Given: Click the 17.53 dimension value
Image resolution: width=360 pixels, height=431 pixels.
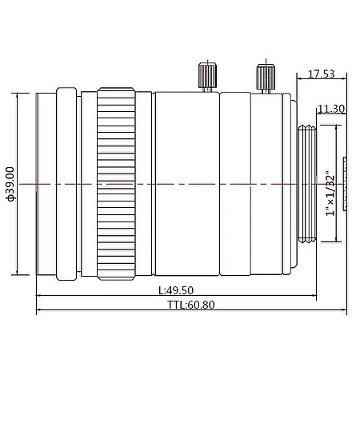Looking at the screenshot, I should click(x=322, y=74).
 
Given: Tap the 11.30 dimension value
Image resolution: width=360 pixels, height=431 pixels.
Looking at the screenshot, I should click(x=330, y=109).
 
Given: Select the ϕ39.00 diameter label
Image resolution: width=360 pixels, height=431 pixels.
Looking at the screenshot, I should click(x=10, y=184).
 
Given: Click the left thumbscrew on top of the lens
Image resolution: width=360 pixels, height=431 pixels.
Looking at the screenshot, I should click(x=206, y=77).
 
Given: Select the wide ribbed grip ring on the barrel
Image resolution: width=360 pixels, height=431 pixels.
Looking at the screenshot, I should click(x=116, y=184).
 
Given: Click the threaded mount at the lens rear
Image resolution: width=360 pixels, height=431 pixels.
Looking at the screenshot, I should click(x=307, y=184).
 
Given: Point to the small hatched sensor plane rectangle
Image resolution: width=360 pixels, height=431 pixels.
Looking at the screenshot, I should click(x=346, y=185).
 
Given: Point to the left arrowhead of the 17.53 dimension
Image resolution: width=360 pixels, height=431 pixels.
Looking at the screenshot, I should click(x=299, y=80).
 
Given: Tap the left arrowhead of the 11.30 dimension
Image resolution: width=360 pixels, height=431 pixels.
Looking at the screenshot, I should click(x=318, y=114).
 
